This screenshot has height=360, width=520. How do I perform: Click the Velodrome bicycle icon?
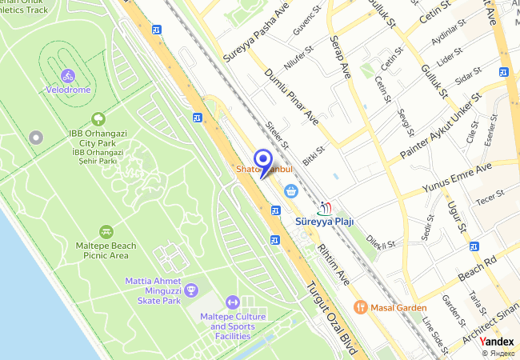[68, 76]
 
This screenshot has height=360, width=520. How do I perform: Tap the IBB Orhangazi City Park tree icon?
[98, 118]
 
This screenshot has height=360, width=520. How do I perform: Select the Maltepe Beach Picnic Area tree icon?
[106, 231]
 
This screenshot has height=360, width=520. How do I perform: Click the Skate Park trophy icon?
[190, 290]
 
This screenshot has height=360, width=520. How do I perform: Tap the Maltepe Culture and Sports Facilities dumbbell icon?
[232, 302]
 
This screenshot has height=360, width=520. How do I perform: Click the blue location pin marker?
[262, 161]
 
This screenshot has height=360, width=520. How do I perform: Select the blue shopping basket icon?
[290, 190]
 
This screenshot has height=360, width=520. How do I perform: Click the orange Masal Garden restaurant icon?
[361, 306]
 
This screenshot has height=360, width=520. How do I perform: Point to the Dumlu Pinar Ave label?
[291, 95]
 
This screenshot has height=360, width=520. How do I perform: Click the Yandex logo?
[497, 342]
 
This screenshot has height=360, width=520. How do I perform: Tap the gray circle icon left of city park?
[34, 138]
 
